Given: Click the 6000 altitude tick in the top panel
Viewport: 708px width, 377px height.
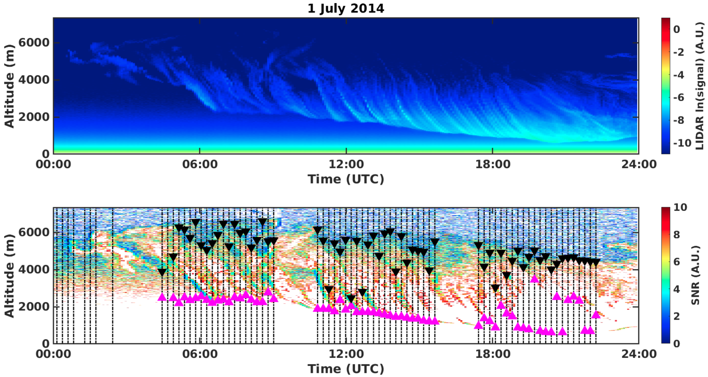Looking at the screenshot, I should [34, 43].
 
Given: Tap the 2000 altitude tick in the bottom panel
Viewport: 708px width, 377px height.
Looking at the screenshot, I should [34, 307].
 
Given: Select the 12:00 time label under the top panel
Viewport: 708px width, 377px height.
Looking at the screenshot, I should [346, 164].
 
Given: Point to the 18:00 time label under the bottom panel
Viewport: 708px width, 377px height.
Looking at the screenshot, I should [492, 354].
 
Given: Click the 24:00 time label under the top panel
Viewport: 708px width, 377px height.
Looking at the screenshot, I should [639, 164].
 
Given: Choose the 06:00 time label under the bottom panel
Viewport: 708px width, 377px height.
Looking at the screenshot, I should [200, 354].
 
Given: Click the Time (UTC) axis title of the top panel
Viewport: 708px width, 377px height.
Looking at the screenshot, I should [345, 179].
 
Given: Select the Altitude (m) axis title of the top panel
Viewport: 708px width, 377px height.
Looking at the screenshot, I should [9, 86].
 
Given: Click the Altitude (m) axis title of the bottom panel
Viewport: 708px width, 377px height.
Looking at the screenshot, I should [9, 276].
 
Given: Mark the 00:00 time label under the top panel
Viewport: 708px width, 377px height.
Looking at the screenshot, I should [53, 164].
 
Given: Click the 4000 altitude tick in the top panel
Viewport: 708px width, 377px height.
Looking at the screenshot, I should [34, 80].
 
